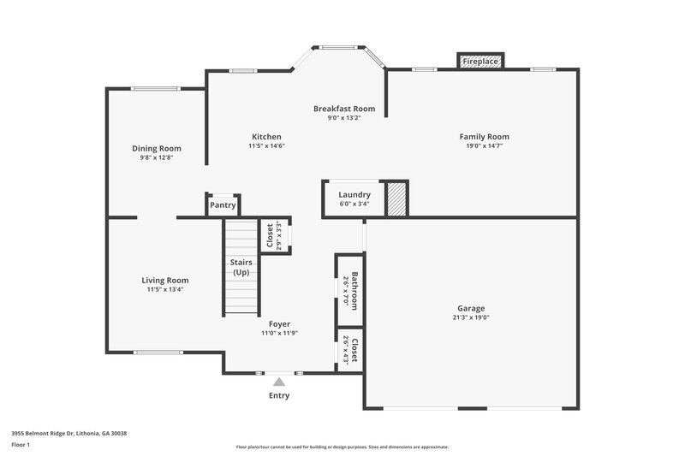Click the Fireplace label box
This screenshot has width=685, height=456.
click(x=479, y=62)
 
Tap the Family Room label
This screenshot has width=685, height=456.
click(x=484, y=137)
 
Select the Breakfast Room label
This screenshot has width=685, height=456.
click(x=344, y=109)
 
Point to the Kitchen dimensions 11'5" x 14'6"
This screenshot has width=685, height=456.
click(x=266, y=146)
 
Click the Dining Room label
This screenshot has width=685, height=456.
click(x=157, y=148)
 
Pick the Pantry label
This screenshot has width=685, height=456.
click(x=223, y=205)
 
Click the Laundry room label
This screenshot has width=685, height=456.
click(x=354, y=194)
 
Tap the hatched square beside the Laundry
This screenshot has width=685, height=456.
click(x=396, y=198)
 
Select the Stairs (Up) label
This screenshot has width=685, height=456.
click(x=241, y=267)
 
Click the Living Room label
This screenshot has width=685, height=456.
click(x=165, y=280)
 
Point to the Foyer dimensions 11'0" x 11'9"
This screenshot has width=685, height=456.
click(x=279, y=333)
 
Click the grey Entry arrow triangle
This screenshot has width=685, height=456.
click(x=279, y=382)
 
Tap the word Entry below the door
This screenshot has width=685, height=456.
click(x=279, y=395)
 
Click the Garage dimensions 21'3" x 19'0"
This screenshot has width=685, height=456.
click(x=471, y=317)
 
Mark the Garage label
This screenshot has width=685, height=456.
click(x=471, y=308)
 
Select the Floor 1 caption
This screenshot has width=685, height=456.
click(x=21, y=446)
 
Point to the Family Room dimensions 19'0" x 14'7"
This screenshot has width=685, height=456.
click(x=484, y=146)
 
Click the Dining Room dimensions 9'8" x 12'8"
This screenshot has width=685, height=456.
click(x=157, y=157)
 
